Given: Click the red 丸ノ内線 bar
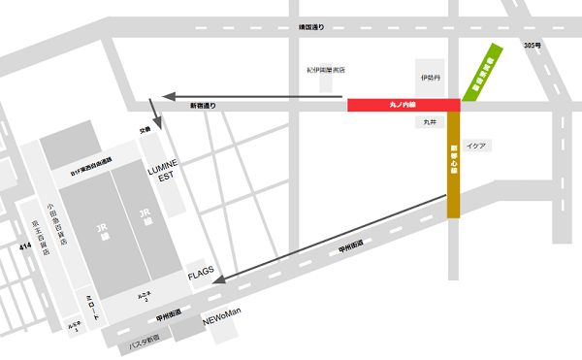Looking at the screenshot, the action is pyautogui.click(x=403, y=104).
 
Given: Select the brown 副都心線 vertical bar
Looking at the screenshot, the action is pyautogui.click(x=453, y=165).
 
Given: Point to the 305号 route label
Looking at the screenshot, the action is pyautogui.click(x=530, y=46).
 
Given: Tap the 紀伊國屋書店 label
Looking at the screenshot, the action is pyautogui.click(x=326, y=70).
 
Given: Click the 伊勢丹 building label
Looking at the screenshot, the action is pyautogui.click(x=431, y=77).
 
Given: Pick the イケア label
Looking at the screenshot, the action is pyautogui.click(x=476, y=146).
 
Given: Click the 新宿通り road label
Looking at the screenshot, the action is pyautogui.click(x=203, y=104).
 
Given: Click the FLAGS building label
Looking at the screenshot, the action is pyautogui.click(x=200, y=277).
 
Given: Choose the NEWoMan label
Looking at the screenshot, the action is pyautogui.click(x=220, y=311).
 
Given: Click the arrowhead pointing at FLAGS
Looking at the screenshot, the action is pyautogui.click(x=219, y=282).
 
